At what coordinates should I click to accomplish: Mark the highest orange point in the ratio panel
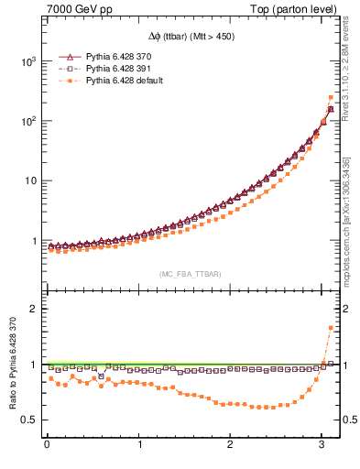tap(330, 327)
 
